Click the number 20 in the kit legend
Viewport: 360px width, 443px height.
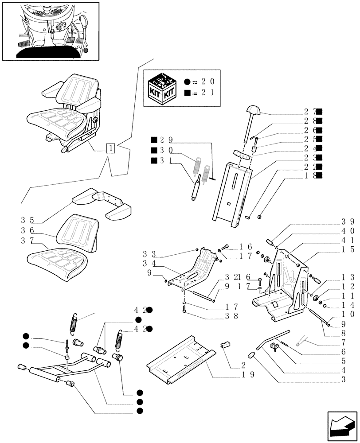click(x=208, y=82)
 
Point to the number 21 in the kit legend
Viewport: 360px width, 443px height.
click(x=208, y=93)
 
